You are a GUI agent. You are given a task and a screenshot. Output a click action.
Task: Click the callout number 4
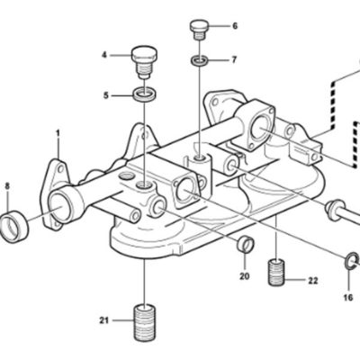(104, 55)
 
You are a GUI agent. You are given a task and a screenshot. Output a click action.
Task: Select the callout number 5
(105, 95)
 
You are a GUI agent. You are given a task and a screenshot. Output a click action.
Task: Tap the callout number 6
(235, 26)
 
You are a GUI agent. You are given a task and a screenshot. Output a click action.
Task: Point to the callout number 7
(234, 60)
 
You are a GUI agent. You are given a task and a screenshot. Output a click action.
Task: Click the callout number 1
(58, 133)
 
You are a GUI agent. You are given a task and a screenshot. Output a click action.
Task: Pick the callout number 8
(7, 186)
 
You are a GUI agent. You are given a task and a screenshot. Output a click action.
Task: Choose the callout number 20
(245, 276)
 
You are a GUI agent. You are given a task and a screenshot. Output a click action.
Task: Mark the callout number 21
(103, 320)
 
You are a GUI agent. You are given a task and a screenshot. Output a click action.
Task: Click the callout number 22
(312, 281)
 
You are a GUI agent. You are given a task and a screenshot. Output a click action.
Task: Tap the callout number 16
(348, 298)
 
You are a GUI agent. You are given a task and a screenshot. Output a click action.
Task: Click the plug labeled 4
(144, 62)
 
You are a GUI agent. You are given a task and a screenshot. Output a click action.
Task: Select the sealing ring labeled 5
(145, 95)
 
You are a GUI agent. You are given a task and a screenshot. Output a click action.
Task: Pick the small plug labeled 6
(199, 30)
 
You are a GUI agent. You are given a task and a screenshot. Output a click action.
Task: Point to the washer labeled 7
(200, 60)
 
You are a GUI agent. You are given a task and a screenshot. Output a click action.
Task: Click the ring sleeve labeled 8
(14, 226)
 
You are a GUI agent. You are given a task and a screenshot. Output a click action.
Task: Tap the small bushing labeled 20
(246, 243)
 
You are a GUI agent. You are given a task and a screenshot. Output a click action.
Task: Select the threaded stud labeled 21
(144, 322)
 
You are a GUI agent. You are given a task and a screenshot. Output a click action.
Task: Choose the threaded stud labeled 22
(275, 272)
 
